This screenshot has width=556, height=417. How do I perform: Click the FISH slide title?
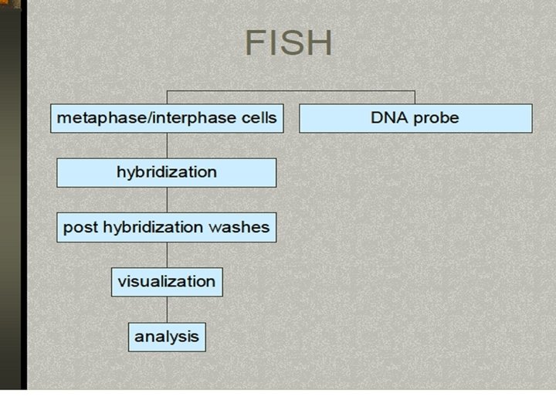tap(288, 43)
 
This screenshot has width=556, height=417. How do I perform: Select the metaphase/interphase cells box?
tap(167, 118)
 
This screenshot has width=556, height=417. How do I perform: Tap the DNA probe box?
tap(415, 118)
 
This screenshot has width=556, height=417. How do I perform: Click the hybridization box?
tap(166, 172)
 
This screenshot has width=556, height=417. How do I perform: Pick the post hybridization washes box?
tap(166, 227)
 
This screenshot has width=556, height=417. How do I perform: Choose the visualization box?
tap(166, 282)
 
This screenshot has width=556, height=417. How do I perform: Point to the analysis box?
tap(166, 337)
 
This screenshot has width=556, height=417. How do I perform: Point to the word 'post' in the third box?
tap(77, 228)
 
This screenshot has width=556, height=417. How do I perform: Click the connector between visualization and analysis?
tap(167, 309)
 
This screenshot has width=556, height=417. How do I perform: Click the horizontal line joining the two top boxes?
tap(290, 90)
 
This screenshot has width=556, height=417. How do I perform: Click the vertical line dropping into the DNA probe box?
tap(415, 97)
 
